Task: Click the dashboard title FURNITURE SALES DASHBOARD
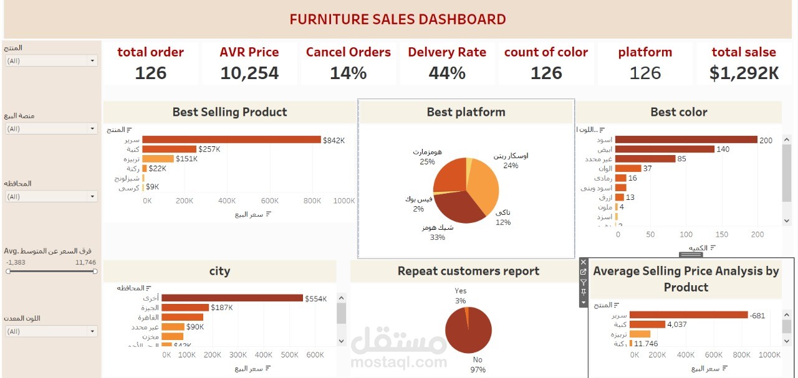tap(398, 19)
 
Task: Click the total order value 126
tap(151, 73)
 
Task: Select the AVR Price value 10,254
tap(249, 73)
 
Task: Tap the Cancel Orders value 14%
tap(348, 73)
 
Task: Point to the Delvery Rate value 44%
tap(447, 73)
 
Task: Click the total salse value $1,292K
tap(744, 73)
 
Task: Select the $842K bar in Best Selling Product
tap(231, 140)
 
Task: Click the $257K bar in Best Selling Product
tap(169, 149)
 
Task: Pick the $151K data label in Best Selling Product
tap(186, 159)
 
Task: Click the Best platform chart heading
tap(466, 112)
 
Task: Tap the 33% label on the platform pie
tap(437, 237)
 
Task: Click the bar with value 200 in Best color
tap(686, 140)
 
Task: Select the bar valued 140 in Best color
tap(665, 149)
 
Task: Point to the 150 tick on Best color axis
tap(722, 235)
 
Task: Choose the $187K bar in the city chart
tap(185, 308)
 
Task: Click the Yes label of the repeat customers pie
tap(461, 291)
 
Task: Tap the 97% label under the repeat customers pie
tap(478, 370)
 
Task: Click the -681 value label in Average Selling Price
tap(758, 316)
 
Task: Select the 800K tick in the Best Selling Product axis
tap(312, 201)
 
